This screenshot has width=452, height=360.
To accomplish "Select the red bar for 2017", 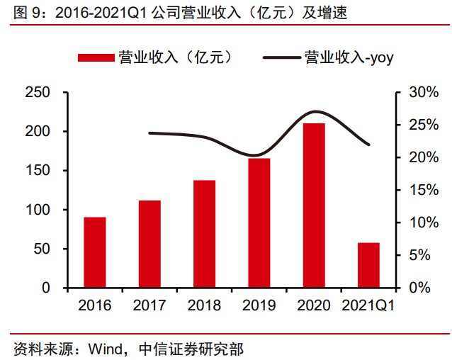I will pos(149,244).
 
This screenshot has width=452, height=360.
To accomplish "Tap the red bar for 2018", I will pos(204,235).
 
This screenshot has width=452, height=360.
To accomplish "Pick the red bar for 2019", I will pos(259,223).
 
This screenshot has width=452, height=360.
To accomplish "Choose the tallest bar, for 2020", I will pos(313,206).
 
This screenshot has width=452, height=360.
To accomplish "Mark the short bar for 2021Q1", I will pos(368,265).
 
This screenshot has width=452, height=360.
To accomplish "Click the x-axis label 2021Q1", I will pos(368,306).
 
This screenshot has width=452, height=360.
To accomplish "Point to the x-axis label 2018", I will pos(204,306).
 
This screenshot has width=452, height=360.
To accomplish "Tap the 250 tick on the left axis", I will pos(37,92).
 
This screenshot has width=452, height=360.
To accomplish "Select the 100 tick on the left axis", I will pos(37,210).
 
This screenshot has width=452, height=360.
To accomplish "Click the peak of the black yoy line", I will pos(316,111).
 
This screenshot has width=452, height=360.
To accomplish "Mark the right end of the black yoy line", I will pos(369,145).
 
